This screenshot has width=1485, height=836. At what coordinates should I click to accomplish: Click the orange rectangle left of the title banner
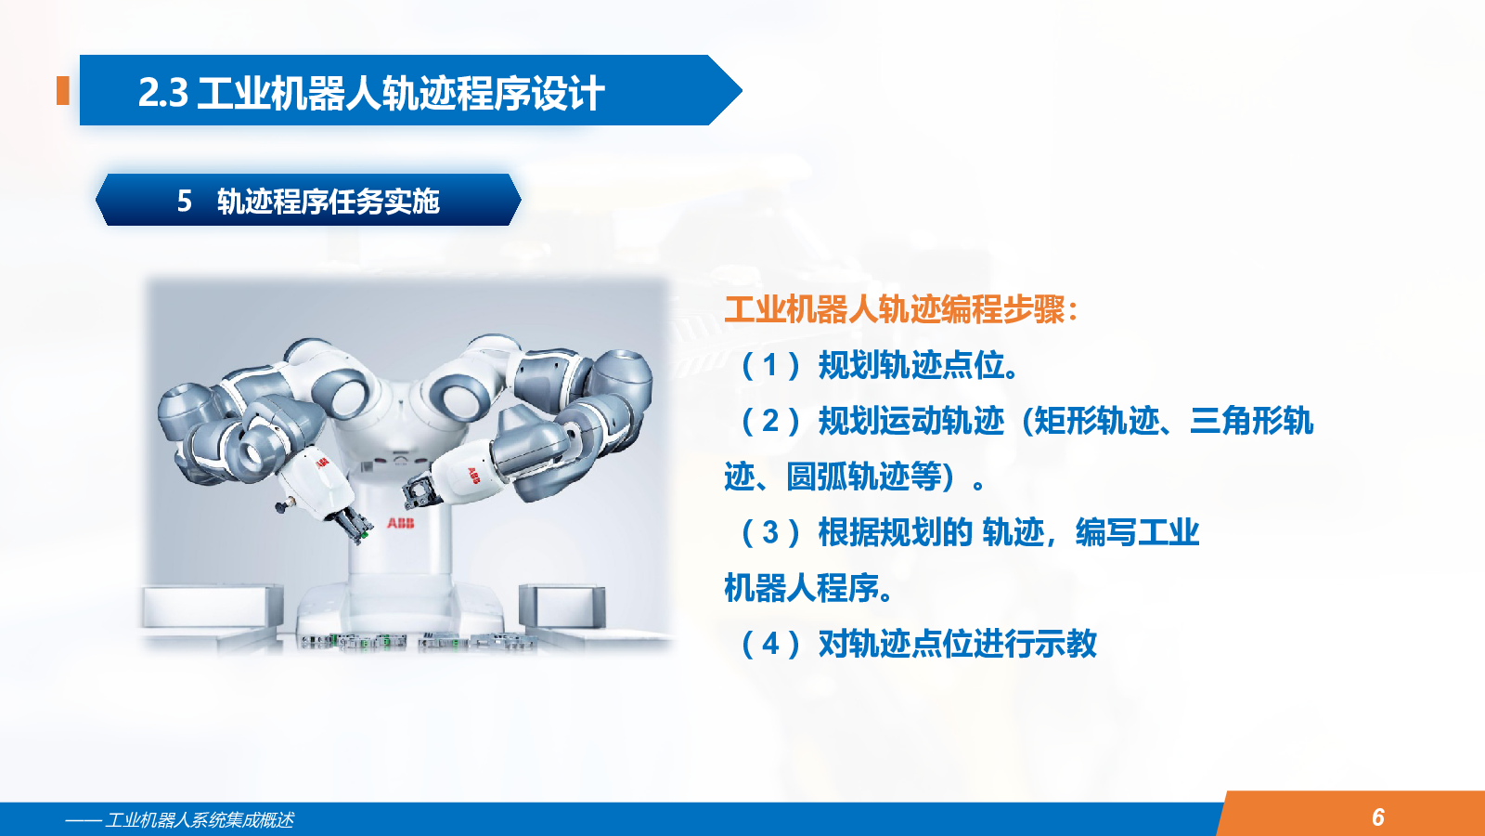click(x=63, y=90)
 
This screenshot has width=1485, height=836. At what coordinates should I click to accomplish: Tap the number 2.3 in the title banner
click(x=163, y=92)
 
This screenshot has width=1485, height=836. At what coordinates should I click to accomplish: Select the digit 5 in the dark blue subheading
click(x=185, y=201)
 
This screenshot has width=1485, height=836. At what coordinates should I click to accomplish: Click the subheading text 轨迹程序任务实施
click(x=329, y=201)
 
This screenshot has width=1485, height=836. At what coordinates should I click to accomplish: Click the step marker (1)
click(x=770, y=365)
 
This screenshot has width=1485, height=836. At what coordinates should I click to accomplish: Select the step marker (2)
click(x=770, y=421)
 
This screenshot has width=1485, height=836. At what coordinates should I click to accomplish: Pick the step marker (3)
click(x=770, y=532)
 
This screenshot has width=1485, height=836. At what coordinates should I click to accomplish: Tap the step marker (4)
click(x=770, y=644)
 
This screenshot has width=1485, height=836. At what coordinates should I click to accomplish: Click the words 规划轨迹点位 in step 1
click(x=911, y=365)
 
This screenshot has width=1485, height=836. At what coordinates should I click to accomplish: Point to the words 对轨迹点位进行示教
click(x=957, y=644)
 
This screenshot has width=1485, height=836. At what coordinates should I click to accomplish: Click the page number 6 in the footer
click(x=1378, y=816)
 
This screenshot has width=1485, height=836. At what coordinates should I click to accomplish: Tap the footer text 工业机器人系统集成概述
click(x=199, y=820)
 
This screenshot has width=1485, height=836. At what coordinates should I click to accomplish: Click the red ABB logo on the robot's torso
click(x=400, y=524)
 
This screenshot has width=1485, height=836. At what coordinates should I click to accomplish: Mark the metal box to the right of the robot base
click(x=562, y=605)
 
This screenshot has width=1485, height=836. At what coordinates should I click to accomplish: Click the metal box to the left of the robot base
click(x=213, y=606)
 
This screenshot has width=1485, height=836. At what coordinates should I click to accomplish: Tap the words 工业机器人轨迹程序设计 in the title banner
click(x=400, y=92)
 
